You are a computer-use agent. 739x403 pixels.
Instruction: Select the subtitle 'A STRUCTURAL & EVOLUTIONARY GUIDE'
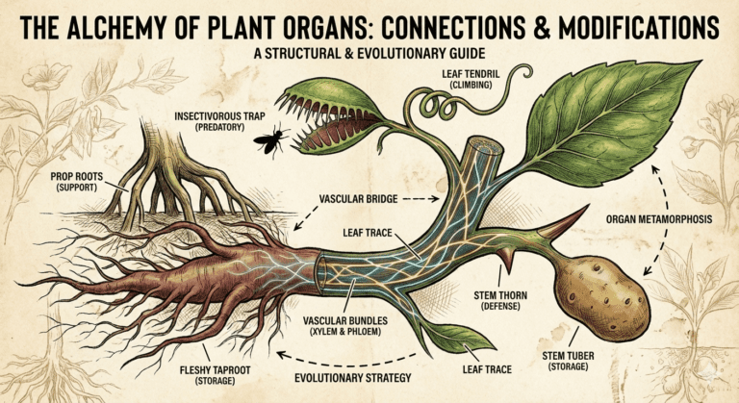tap(368, 53)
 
